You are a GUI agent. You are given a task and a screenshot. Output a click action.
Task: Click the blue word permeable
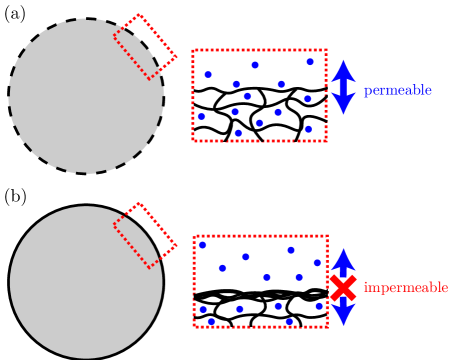(x=397, y=91)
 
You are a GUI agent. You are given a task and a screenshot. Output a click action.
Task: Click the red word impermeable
(x=405, y=288)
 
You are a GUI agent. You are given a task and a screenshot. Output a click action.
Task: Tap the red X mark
(x=343, y=288)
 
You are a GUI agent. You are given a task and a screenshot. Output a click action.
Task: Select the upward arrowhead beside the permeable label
(x=343, y=70)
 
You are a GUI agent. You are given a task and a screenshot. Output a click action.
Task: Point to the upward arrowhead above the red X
(x=343, y=260)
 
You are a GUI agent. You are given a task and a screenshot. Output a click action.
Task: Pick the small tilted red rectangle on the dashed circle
(x=145, y=46)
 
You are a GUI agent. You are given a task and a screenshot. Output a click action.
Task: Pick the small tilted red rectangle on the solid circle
(x=145, y=235)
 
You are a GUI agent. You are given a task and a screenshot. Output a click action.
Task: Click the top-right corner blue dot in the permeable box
(x=310, y=62)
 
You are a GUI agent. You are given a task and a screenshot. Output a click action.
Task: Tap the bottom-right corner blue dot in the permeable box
(x=308, y=129)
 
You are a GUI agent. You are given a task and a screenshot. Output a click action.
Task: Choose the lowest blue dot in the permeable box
(x=238, y=133)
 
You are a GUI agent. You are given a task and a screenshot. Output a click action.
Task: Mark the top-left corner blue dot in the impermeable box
(x=202, y=245)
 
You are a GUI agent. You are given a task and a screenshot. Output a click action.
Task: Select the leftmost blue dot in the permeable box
(x=201, y=116)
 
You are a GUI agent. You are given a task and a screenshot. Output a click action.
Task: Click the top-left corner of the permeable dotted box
(x=193, y=50)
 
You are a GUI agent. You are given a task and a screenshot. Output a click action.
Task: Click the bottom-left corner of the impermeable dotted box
(x=194, y=326)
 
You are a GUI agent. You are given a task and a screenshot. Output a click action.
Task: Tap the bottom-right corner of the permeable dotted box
(x=326, y=141)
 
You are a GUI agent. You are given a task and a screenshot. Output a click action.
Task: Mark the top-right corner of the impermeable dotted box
(x=327, y=237)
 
